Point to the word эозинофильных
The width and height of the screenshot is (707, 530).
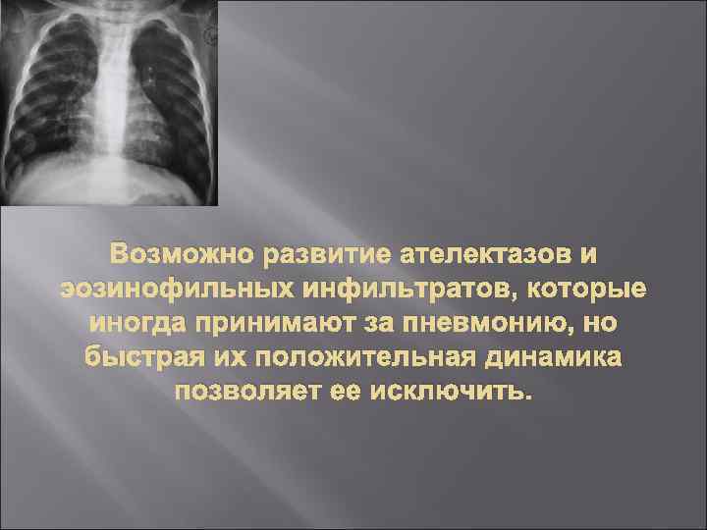160,290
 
